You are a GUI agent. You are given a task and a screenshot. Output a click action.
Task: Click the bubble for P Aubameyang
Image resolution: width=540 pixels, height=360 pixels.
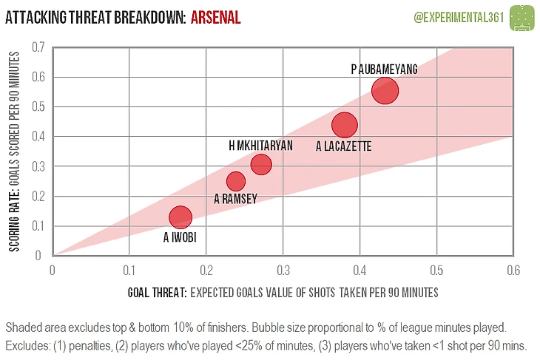click(385, 90)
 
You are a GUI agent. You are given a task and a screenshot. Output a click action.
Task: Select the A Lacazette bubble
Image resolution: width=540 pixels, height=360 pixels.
click(345, 125)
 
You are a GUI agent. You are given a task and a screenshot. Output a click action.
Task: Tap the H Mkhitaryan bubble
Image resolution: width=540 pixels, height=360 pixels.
click(261, 164)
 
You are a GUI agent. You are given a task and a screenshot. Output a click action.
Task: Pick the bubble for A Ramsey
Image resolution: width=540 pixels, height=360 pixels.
click(236, 181)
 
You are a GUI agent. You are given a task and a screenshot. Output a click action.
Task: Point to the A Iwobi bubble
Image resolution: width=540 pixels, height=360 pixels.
click(180, 217)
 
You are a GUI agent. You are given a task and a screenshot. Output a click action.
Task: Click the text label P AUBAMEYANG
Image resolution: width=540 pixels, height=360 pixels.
click(385, 69)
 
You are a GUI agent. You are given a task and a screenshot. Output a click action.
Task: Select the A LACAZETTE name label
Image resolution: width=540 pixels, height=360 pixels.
click(343, 147)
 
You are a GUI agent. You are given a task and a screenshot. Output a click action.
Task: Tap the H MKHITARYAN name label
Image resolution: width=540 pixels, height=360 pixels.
click(261, 146)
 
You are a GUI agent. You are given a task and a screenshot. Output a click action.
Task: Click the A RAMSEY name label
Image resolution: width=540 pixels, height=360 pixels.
click(236, 198)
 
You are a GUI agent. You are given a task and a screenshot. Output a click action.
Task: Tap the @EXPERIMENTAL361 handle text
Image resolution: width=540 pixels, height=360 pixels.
click(456, 16)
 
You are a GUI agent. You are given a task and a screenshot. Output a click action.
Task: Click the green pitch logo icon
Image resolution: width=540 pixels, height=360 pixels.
click(523, 16)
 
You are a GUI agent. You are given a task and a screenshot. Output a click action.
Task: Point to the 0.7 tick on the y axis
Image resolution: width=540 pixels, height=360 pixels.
click(38, 47)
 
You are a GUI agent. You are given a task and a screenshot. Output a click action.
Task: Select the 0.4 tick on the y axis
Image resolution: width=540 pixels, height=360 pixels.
click(38, 137)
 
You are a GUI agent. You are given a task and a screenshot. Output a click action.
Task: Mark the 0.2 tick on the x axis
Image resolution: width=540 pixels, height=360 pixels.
click(206, 270)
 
